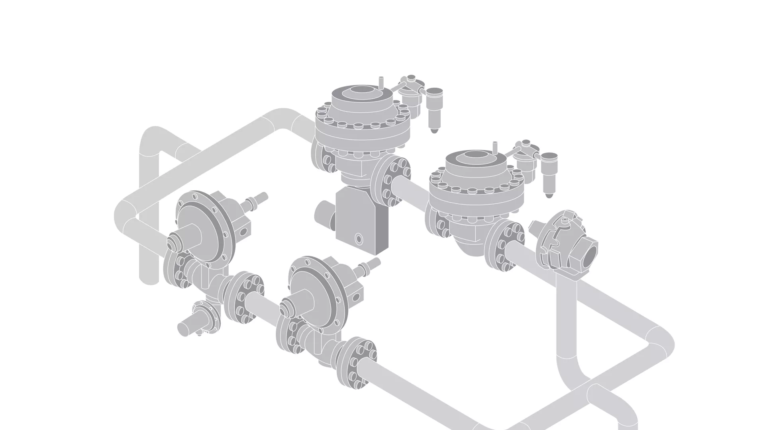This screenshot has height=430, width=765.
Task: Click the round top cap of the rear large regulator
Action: point(362,91)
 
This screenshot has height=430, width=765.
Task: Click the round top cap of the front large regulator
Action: point(475,156)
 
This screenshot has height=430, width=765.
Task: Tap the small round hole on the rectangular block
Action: point(359,239)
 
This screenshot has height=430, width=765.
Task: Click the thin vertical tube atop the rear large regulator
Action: point(380,82)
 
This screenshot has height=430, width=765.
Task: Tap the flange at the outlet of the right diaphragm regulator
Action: point(356,362)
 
